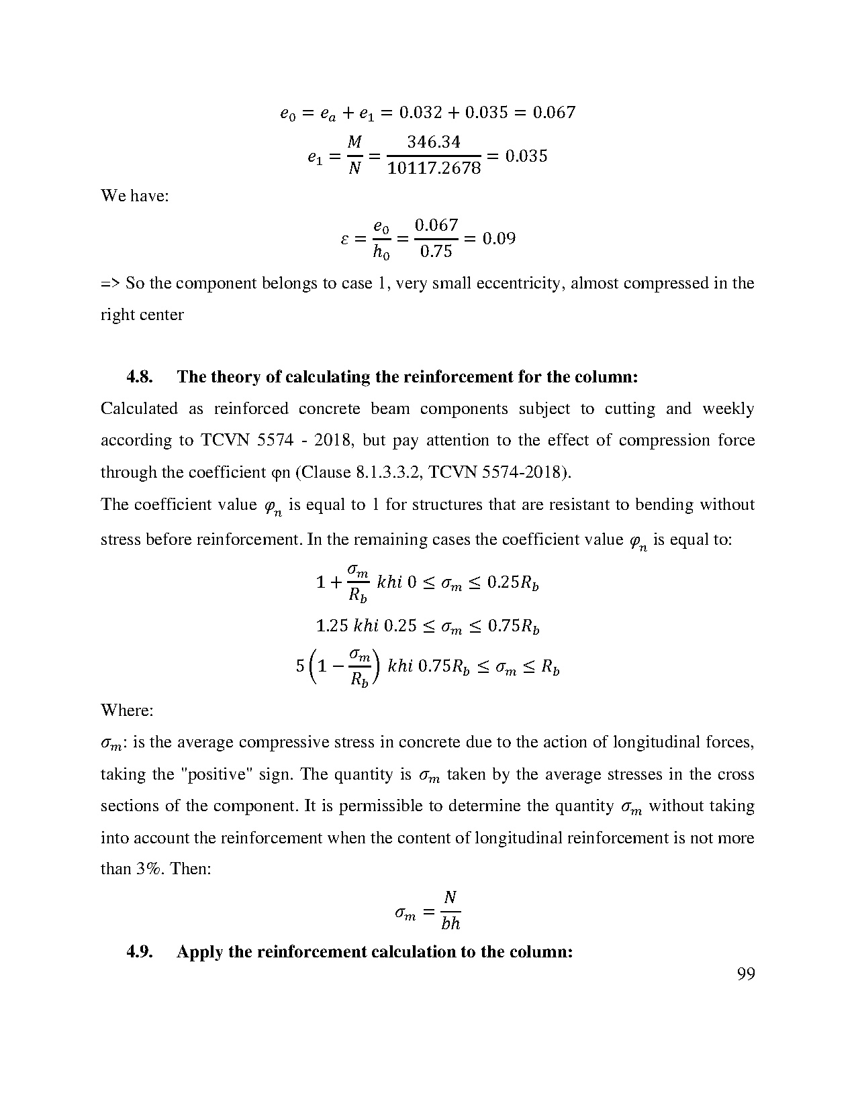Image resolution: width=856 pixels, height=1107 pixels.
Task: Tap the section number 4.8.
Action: [140, 377]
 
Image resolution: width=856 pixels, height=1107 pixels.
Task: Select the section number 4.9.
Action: [140, 952]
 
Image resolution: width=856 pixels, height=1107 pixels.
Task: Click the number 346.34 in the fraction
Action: [434, 142]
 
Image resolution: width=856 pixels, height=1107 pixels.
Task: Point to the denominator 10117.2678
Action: [434, 168]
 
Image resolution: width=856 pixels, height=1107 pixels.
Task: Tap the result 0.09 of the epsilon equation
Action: [499, 239]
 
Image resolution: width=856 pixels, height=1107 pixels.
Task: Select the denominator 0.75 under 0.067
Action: [436, 252]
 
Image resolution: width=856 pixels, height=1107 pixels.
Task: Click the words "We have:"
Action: [135, 196]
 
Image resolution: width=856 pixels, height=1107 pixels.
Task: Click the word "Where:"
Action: [127, 710]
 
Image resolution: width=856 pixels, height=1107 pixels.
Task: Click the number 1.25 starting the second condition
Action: [331, 626]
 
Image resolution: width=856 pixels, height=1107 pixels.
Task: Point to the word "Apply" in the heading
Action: [199, 952]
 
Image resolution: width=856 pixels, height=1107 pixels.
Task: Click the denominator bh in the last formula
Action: [450, 924]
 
